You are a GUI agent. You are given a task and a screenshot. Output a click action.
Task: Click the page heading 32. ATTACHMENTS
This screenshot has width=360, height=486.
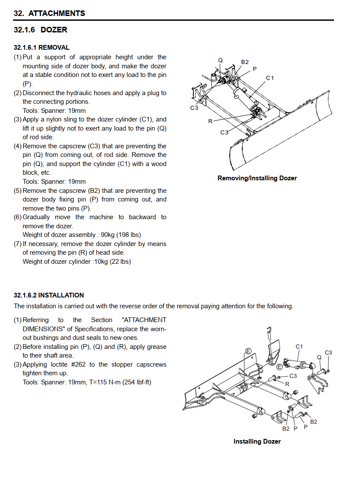[x=49, y=13]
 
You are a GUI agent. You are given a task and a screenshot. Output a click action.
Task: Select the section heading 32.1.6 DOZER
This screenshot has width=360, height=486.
[x=40, y=30]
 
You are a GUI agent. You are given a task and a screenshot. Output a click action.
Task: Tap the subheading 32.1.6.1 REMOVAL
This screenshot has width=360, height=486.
[x=42, y=48]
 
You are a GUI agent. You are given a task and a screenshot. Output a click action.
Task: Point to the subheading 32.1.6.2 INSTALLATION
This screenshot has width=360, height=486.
[x=49, y=295]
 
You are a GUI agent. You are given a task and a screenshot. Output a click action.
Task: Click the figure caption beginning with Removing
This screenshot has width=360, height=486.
[x=257, y=178]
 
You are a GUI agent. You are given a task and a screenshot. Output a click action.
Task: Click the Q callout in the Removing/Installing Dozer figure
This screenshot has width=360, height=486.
[x=221, y=60]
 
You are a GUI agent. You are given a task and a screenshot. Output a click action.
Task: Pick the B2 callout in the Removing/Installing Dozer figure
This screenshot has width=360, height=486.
[x=245, y=62]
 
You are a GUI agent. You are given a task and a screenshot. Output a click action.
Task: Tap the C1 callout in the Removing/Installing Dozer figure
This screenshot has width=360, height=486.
[x=270, y=78]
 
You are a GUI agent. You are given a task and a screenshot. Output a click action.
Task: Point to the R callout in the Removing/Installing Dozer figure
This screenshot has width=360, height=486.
[x=210, y=121]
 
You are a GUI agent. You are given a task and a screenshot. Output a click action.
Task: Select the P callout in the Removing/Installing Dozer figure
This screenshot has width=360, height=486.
[x=254, y=69]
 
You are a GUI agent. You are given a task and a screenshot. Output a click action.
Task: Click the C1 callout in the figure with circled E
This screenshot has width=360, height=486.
[x=299, y=346]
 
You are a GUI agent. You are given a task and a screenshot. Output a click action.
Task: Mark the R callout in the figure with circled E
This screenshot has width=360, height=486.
[x=287, y=384]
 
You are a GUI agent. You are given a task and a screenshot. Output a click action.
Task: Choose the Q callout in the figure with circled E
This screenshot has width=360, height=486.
[x=319, y=358]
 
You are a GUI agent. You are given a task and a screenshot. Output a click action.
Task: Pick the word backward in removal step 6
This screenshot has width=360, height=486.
[x=142, y=217]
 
